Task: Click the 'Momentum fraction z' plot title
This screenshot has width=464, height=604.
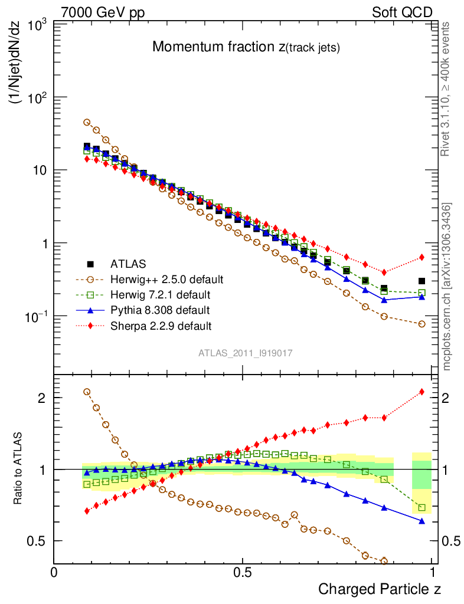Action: (x=246, y=47)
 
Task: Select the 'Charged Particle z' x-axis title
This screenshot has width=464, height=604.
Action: (x=380, y=589)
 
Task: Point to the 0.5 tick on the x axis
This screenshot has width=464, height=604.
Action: (x=243, y=572)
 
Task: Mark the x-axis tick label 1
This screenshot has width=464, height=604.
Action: (x=433, y=572)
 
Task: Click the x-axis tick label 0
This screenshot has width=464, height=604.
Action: (x=54, y=572)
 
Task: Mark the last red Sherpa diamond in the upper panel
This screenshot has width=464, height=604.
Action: (x=421, y=257)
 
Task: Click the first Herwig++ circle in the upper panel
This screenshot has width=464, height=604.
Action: (x=87, y=122)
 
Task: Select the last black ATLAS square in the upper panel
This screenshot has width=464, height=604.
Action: (x=421, y=281)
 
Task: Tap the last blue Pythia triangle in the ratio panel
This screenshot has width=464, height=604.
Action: (x=421, y=521)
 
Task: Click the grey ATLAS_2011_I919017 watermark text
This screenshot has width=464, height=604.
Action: (x=246, y=353)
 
